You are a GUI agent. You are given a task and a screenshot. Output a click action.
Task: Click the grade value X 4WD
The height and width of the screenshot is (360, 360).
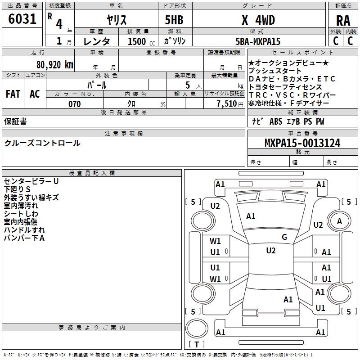coord(258,20)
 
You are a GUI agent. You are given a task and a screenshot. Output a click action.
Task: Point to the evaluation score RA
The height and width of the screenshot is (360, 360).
coord(343,20)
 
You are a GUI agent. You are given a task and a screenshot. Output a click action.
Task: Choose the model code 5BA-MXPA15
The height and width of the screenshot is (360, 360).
coord(258,41)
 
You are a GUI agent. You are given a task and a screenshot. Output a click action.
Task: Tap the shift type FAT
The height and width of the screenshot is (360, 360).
coord(13,94)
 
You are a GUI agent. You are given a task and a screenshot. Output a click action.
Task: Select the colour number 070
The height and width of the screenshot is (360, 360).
coord(74,104)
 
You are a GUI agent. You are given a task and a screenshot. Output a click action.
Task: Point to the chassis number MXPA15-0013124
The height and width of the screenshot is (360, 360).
coord(302,144)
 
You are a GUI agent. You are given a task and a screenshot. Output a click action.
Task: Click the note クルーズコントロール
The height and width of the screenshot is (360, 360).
coord(42,143)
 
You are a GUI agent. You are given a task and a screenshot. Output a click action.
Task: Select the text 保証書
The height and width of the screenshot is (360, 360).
coord(15,121)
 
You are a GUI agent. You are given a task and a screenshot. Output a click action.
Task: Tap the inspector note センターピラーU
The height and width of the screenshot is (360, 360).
coord(31,181)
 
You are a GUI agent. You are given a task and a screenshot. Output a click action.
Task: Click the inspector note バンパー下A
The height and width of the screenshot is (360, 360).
coord(24,238)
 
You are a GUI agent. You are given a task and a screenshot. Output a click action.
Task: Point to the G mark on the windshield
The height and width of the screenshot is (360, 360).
coord(284,237)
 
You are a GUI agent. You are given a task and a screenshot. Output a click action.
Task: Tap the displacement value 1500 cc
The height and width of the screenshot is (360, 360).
coord(141,41)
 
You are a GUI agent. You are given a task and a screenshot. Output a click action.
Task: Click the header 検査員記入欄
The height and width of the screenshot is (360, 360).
coord(92,173)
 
